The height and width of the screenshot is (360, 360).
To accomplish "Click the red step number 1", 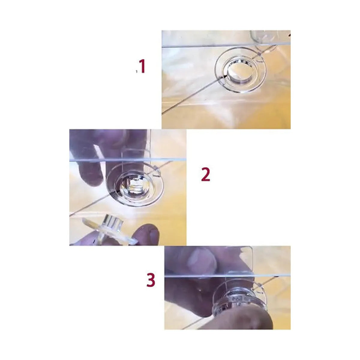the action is (x=142, y=67).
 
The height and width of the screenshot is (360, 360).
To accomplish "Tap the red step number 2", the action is (x=205, y=175).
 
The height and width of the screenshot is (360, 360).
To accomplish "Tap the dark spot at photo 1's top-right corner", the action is (x=289, y=35).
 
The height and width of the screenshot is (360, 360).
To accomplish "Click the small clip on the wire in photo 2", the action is (x=156, y=170).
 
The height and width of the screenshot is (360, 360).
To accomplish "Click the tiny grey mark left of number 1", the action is (x=136, y=71).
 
